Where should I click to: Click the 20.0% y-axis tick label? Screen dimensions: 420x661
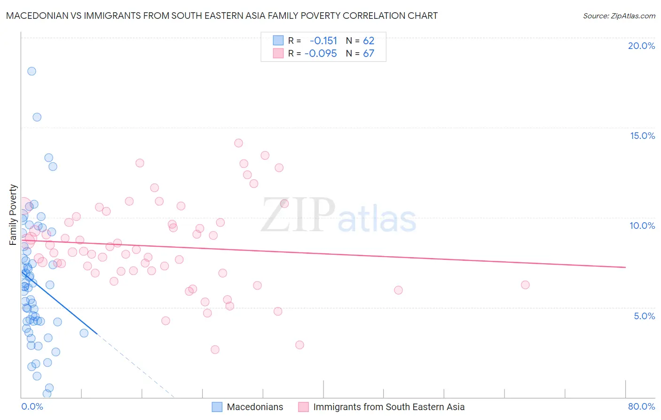click(x=641, y=46)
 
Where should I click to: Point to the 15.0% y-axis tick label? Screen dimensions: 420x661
click(x=642, y=136)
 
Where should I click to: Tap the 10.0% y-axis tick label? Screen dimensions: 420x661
click(x=642, y=226)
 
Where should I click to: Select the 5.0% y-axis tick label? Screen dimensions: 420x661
click(x=644, y=316)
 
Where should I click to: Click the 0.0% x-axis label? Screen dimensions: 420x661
click(x=32, y=406)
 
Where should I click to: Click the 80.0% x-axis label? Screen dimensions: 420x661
click(x=641, y=406)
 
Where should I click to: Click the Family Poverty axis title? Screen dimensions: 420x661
click(x=13, y=215)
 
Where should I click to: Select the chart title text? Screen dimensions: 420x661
click(x=221, y=16)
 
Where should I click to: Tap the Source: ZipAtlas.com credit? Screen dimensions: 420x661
click(x=619, y=16)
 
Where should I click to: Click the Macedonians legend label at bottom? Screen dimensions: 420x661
click(x=255, y=407)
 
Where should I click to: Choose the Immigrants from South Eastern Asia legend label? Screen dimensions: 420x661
click(x=389, y=407)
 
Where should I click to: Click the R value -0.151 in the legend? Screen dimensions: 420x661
click(x=323, y=40)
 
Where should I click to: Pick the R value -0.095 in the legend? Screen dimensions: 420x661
click(x=321, y=53)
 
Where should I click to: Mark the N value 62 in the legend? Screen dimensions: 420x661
click(x=369, y=40)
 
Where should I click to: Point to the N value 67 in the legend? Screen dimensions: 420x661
click(x=369, y=53)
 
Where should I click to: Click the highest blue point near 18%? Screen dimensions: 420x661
click(x=31, y=71)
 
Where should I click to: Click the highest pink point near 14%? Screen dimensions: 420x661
click(x=238, y=143)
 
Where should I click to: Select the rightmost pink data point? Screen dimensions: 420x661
click(x=525, y=285)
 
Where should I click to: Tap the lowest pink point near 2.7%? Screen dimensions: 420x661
click(x=215, y=349)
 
